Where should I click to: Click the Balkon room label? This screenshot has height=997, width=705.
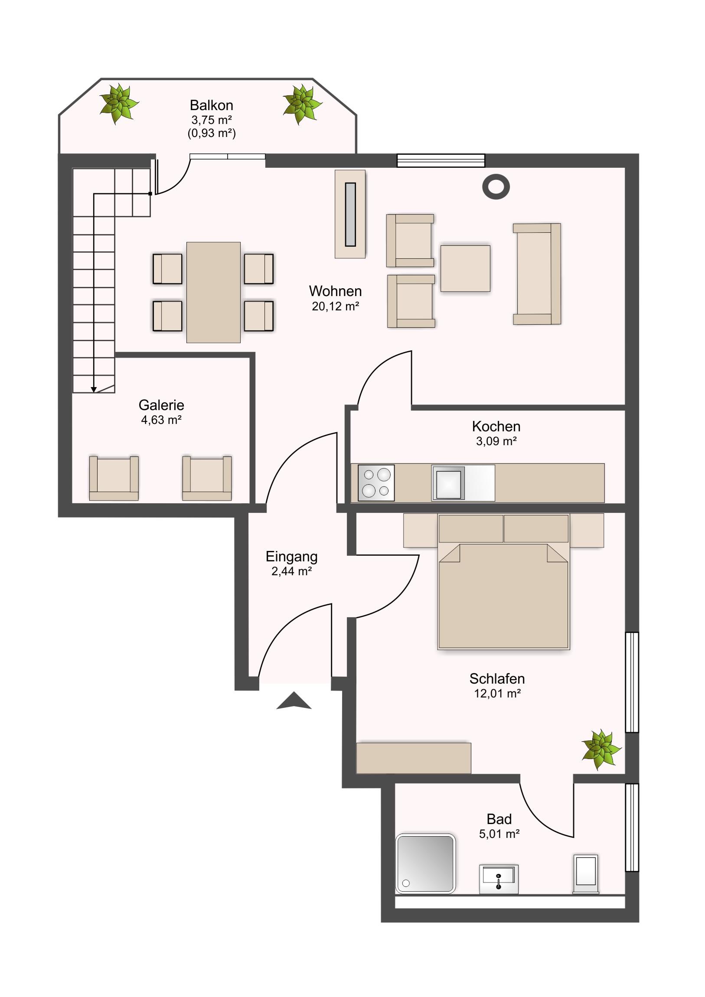tap(212, 105)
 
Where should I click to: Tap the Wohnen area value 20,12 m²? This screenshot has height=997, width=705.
tap(335, 306)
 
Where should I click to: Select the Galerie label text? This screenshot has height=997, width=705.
tap(161, 405)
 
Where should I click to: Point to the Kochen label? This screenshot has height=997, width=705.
tap(496, 427)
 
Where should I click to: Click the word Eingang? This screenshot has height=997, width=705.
tap(291, 557)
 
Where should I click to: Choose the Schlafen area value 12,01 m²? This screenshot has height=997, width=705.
tap(497, 694)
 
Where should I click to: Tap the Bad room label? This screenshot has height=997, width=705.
tap(499, 819)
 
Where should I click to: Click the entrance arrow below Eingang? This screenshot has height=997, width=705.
tap(294, 700)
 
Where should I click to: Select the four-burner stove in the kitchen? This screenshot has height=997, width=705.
tap(376, 483)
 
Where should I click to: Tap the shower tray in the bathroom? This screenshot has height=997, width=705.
tap(426, 863)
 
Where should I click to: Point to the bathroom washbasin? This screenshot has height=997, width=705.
tap(499, 879)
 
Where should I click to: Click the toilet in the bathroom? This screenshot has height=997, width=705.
tap(586, 874)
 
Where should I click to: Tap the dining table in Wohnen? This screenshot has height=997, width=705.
tap(213, 292)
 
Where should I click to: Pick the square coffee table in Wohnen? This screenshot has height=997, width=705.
tap(465, 268)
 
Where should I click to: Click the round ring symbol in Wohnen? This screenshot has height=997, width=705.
tap(496, 187)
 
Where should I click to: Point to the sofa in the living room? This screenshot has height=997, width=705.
tap(537, 274)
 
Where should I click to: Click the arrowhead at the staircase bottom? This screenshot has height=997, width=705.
tap(93, 390)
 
